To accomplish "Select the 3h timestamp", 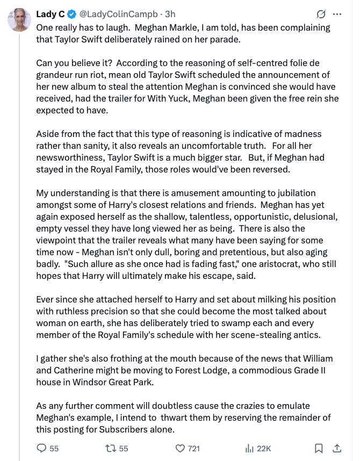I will (170, 14).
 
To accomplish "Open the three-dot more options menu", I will (337, 14).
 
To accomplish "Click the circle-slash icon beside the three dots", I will (321, 14).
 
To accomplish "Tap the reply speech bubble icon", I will (42, 448).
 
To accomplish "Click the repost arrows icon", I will (110, 448).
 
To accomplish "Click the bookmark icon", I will (319, 448).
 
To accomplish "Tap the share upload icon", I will (337, 448).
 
